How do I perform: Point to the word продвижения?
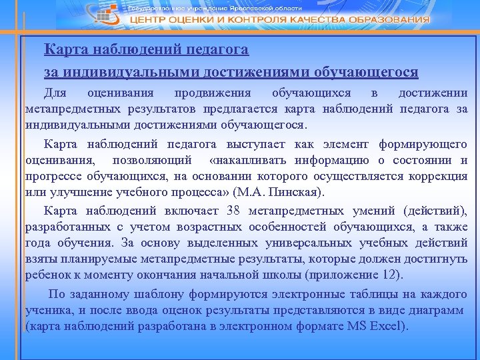(x=212, y=93)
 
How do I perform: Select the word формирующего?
(x=423, y=144)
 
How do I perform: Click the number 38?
(x=233, y=211)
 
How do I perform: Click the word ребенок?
(x=49, y=275)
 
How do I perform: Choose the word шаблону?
(x=160, y=293)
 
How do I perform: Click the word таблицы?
(x=355, y=293)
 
